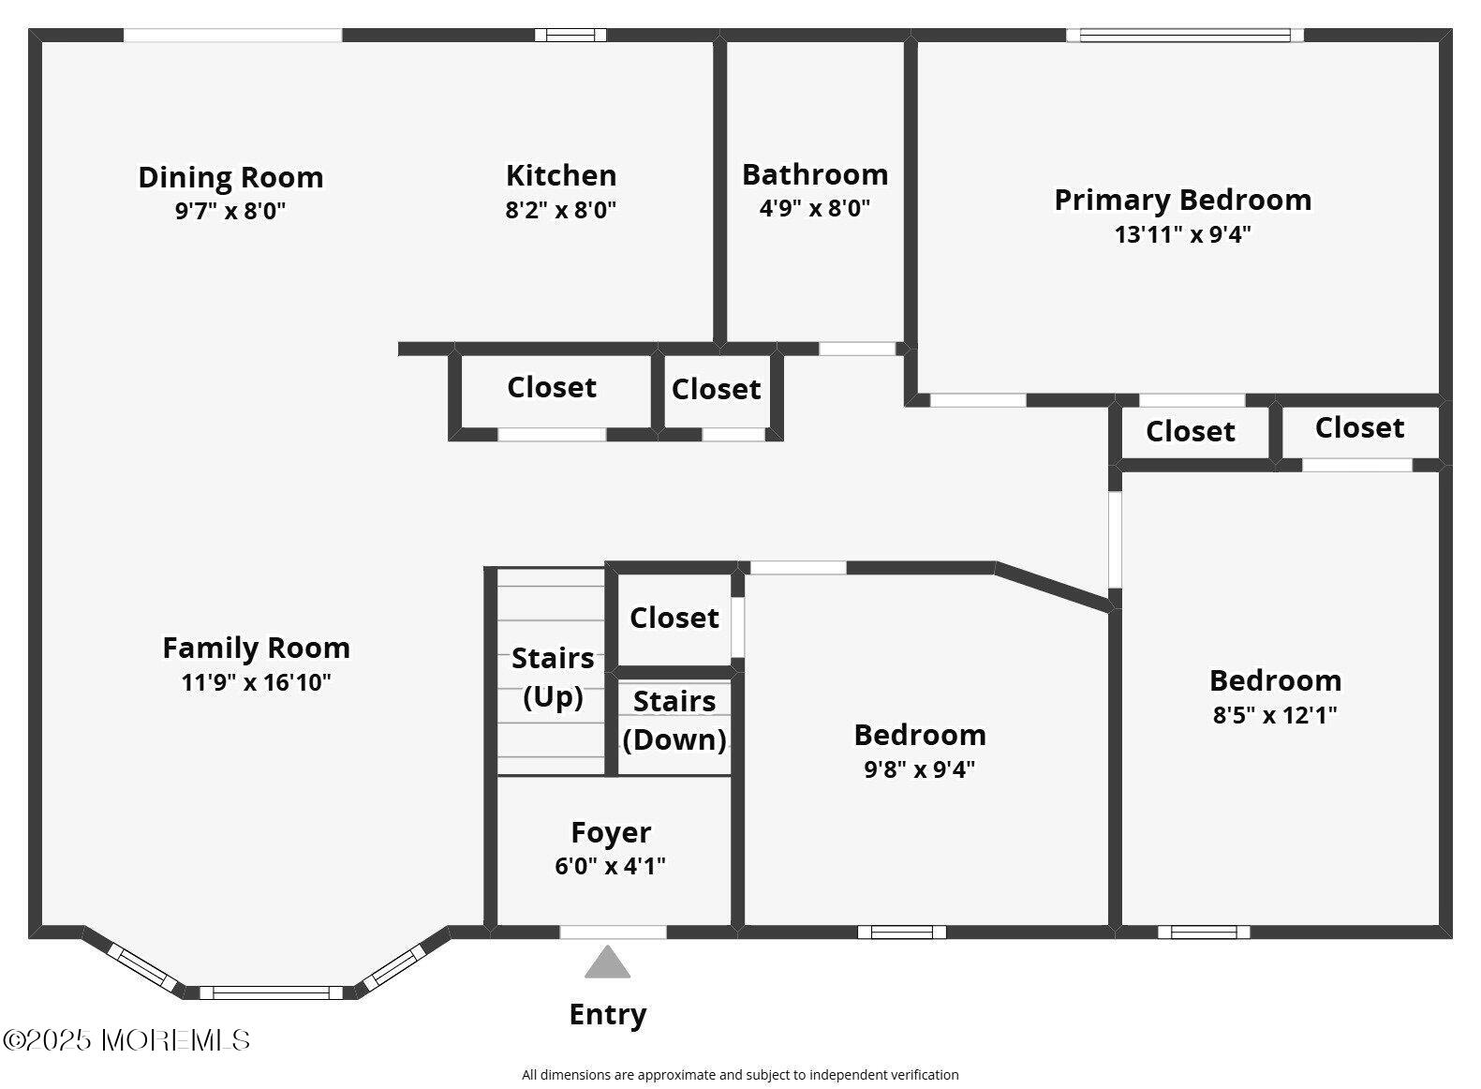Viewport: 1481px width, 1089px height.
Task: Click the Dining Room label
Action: (230, 177)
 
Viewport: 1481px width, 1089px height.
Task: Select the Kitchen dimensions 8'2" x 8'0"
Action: (561, 210)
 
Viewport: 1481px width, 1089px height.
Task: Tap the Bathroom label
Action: (815, 174)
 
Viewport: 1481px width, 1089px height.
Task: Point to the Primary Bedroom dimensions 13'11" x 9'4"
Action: (1183, 234)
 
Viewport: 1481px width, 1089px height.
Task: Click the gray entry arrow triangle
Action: (607, 962)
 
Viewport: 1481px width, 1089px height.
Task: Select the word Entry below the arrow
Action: (608, 1014)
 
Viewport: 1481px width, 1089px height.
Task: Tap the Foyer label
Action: (611, 832)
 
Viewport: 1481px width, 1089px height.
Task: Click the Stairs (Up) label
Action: (553, 678)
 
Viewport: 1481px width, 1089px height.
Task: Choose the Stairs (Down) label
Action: (674, 720)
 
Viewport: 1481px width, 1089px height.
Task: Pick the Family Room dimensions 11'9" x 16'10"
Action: (256, 682)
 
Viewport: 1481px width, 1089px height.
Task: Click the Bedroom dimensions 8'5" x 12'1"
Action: (1275, 715)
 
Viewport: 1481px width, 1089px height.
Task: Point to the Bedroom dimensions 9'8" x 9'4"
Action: (920, 769)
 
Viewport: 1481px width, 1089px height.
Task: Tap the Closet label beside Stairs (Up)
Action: (674, 618)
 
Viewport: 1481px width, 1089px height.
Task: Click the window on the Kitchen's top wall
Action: (570, 35)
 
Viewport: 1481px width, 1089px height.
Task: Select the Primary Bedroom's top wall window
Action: (1185, 35)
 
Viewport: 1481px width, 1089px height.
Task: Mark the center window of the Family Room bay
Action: (271, 992)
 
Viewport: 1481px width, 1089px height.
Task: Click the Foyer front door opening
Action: (613, 932)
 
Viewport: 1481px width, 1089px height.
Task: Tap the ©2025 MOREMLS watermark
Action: (126, 1040)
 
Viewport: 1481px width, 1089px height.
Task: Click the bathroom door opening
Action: (857, 349)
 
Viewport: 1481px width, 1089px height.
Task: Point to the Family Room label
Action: (257, 648)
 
